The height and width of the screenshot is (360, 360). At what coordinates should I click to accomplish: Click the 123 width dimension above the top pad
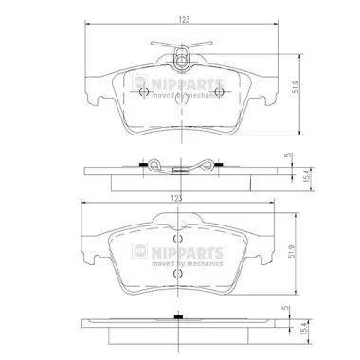184,19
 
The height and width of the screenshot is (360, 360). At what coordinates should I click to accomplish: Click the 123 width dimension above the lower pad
177,198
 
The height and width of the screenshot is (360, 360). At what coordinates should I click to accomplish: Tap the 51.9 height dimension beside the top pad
296,86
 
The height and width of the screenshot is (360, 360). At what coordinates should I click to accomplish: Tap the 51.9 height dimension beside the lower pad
292,251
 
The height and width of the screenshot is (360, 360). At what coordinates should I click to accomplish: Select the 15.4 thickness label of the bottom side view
305,329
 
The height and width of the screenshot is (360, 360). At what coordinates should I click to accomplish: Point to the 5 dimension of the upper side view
287,155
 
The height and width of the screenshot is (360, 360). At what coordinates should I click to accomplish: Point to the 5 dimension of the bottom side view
287,307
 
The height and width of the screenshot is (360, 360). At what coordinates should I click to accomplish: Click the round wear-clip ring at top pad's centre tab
181,62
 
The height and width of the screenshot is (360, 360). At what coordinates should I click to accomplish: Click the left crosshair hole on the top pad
144,92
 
